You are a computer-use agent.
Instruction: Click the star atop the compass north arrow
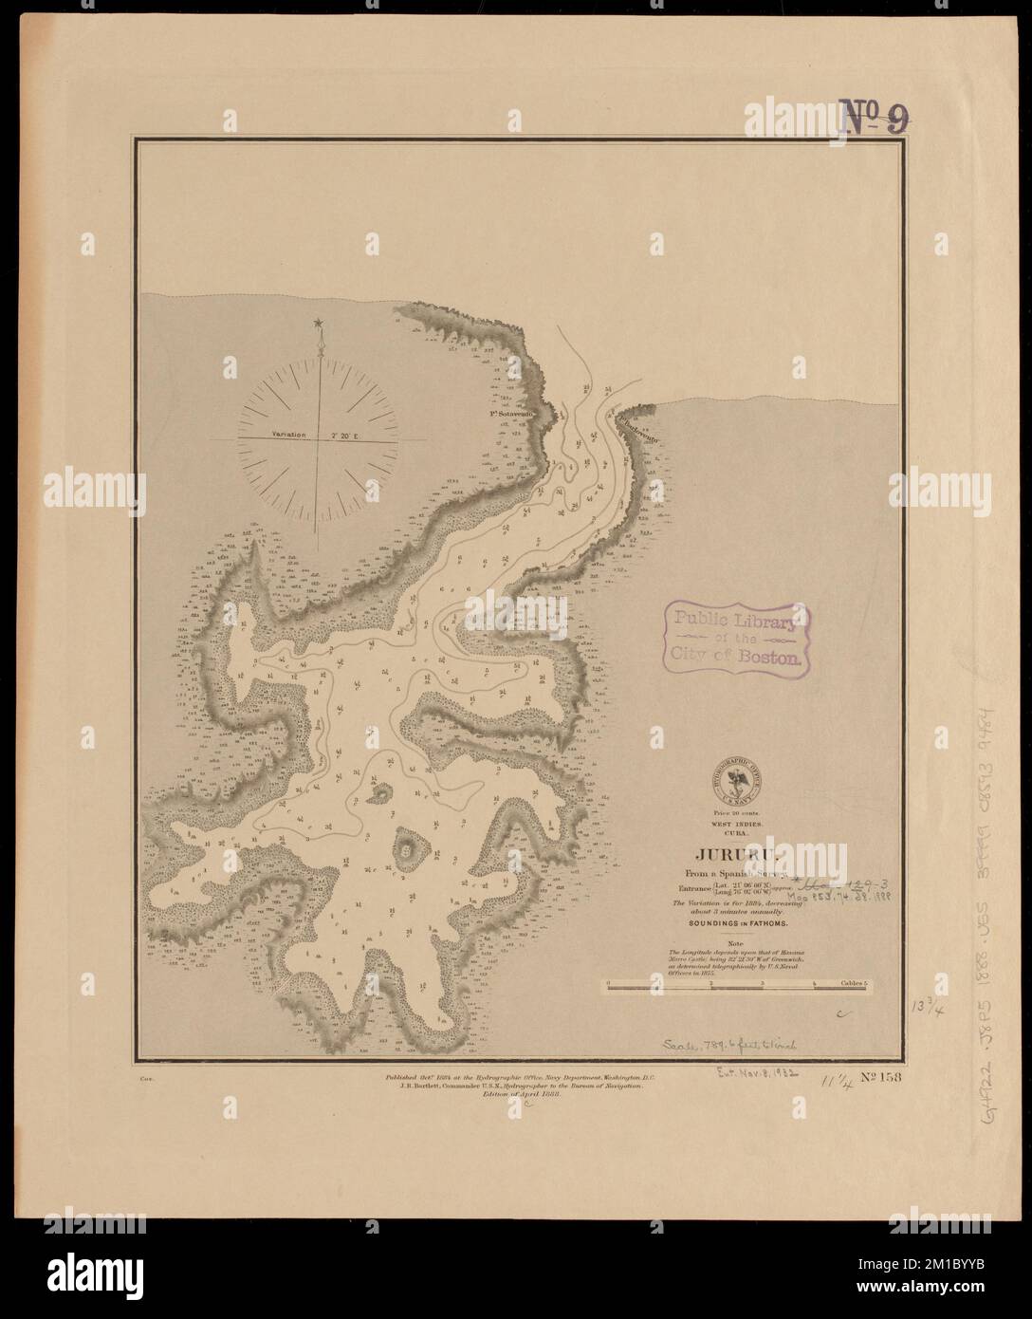[x=320, y=325]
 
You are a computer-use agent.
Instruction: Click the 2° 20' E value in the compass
[x=349, y=435]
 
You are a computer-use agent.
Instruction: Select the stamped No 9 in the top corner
[x=876, y=118]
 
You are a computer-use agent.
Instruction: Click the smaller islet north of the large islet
[x=383, y=793]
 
